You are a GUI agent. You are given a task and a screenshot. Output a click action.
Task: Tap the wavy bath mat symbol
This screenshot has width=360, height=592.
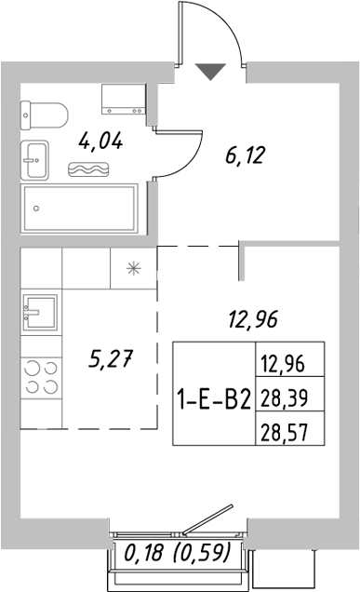click(x=90, y=168)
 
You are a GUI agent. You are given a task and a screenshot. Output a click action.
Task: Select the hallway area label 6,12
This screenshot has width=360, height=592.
click(x=246, y=155)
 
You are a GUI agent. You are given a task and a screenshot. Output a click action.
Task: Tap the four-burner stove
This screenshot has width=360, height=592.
click(x=39, y=379)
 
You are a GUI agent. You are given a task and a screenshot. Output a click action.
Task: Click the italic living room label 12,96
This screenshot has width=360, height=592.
click(x=253, y=323)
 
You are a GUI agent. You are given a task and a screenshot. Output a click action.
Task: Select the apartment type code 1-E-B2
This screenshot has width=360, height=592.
click(x=213, y=400)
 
